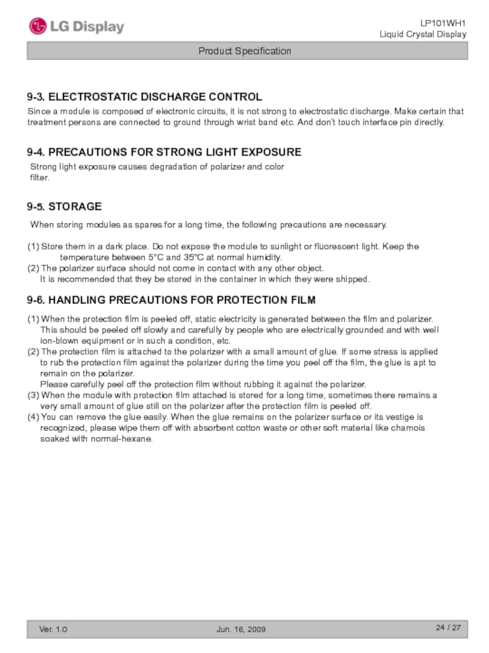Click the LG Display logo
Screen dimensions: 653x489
click(x=76, y=27)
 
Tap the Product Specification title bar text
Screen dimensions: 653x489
click(x=244, y=51)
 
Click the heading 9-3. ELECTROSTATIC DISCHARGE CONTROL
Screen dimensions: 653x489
click(x=144, y=97)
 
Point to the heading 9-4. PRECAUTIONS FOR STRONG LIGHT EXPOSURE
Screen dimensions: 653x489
click(x=164, y=152)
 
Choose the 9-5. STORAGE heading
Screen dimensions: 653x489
click(x=64, y=207)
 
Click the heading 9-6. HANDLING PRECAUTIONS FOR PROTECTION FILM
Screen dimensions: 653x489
click(x=171, y=300)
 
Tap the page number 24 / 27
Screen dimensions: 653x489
click(x=447, y=628)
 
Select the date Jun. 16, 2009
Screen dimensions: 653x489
click(x=241, y=629)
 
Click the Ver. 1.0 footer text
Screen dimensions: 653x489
click(x=54, y=629)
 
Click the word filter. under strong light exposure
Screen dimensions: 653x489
click(x=40, y=178)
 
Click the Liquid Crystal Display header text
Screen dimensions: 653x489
click(x=423, y=34)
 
